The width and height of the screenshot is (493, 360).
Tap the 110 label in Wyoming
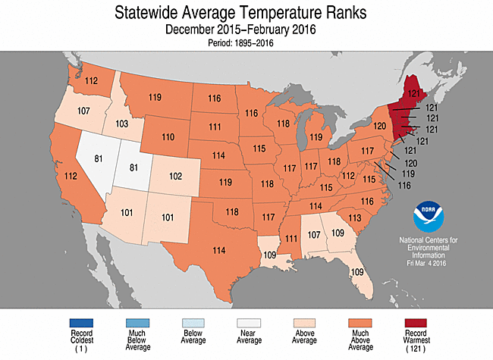[168, 137]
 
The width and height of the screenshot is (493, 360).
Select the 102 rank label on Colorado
[175, 176]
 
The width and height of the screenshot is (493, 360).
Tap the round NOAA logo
[429, 218]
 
